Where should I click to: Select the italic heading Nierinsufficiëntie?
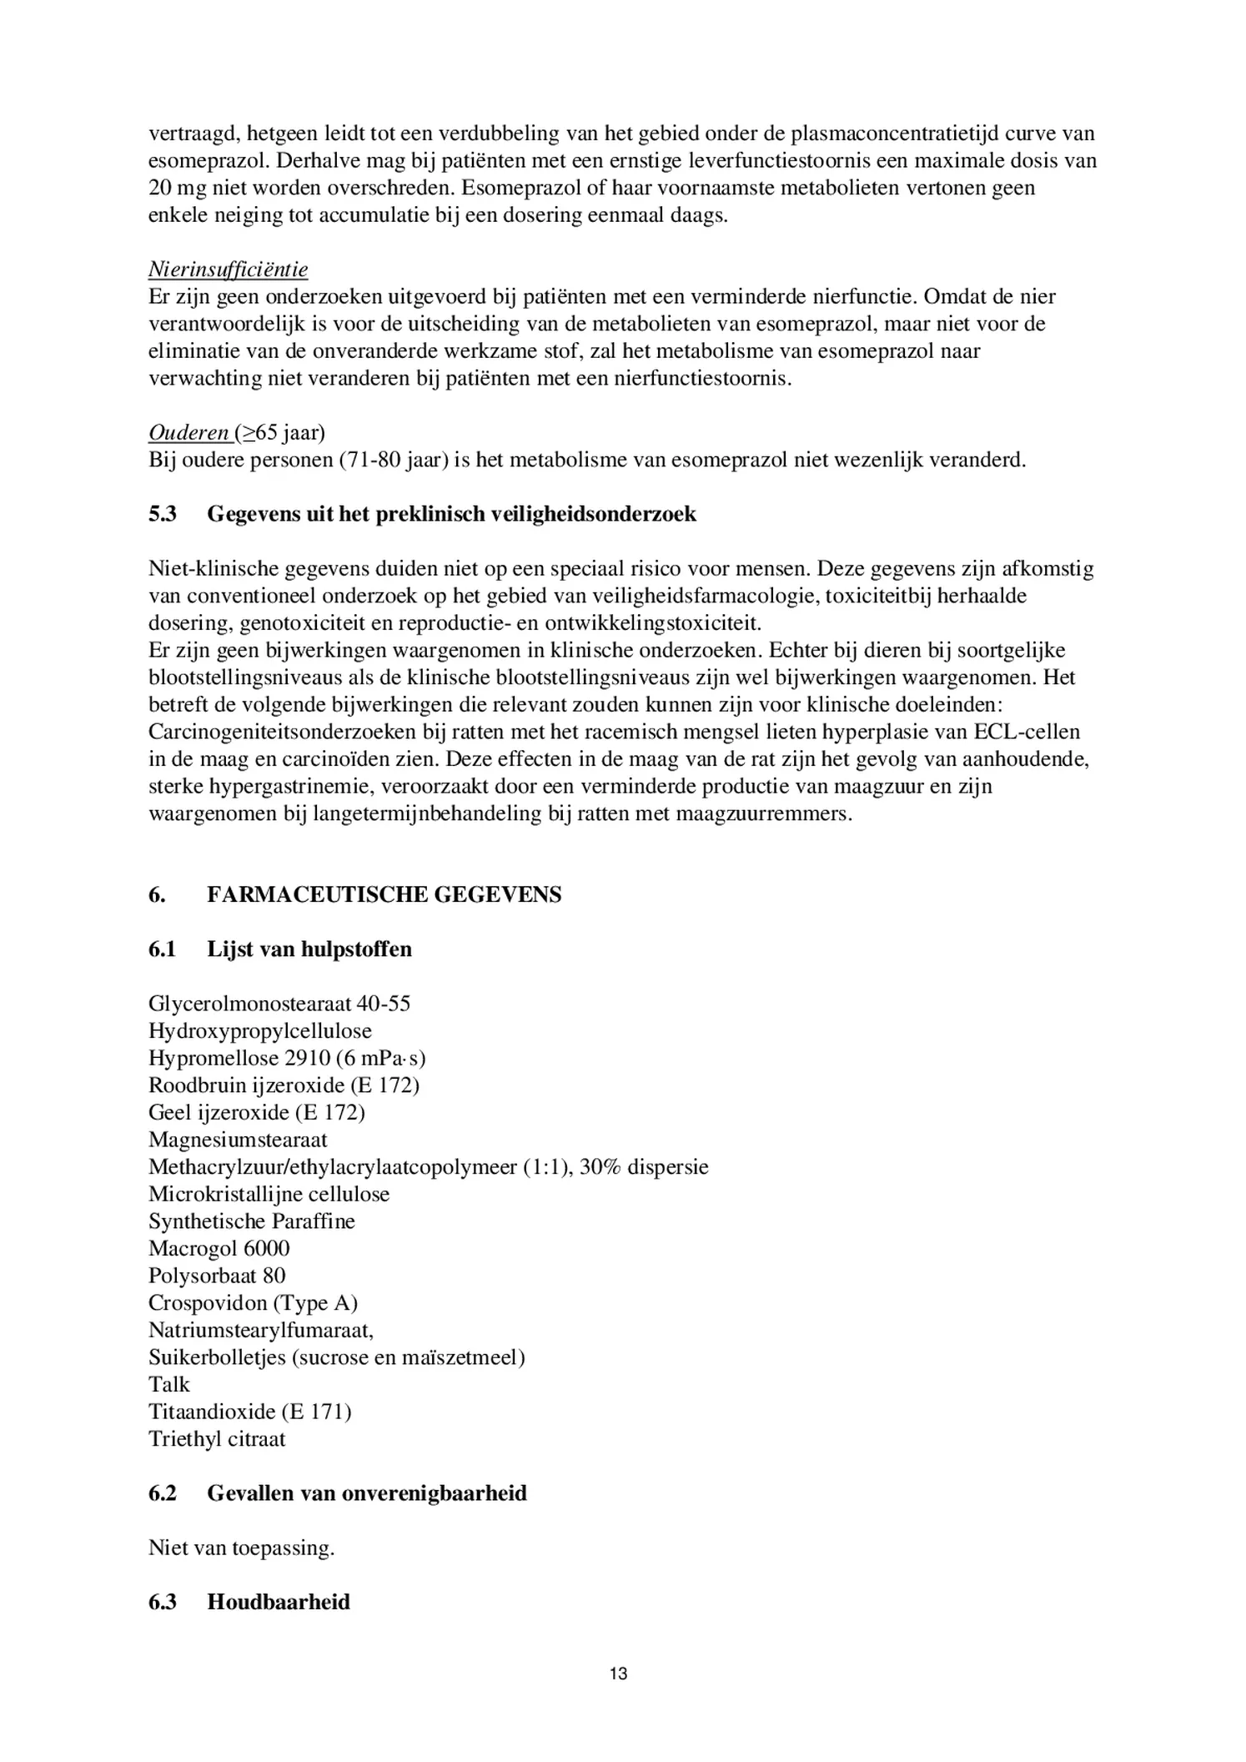228,269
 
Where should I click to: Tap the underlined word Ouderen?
188,432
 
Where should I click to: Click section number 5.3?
163,514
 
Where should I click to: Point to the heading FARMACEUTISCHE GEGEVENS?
384,894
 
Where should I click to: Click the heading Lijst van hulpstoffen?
309,949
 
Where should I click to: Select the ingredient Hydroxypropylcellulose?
259,1031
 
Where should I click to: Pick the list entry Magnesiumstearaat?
238,1140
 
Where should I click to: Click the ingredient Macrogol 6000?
219,1249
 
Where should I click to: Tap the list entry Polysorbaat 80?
217,1276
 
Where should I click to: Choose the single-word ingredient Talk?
169,1385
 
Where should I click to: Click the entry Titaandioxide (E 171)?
249,1412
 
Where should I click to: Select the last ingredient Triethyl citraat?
217,1439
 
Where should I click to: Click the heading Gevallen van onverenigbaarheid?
366,1493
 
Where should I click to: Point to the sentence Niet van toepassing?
241,1548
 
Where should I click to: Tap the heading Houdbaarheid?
278,1602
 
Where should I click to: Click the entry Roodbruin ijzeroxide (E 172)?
284,1085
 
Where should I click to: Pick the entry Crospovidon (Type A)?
253,1303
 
